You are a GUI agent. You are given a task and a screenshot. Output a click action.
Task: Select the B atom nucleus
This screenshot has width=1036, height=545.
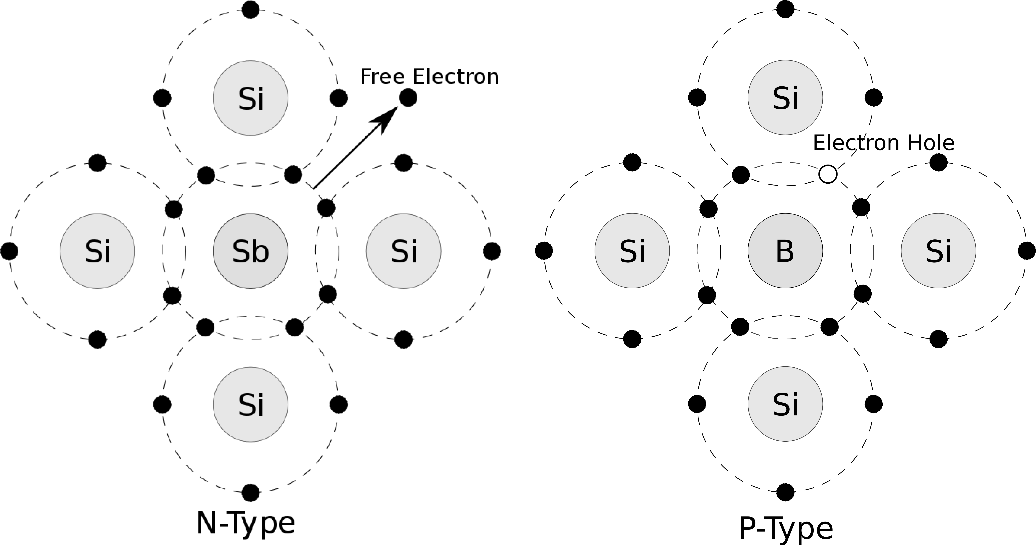pyautogui.click(x=785, y=251)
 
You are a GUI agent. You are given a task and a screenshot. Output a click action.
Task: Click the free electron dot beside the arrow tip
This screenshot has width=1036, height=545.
pyautogui.click(x=408, y=98)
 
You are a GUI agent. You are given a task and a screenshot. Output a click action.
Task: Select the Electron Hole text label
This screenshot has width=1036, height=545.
pyautogui.click(x=884, y=143)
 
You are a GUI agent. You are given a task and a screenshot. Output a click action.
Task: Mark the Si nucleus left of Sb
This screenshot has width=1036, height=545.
pyautogui.click(x=97, y=251)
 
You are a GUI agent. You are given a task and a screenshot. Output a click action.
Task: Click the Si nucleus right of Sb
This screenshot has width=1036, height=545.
pyautogui.click(x=403, y=251)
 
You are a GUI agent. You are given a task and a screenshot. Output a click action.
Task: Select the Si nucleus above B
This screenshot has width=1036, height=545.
pyautogui.click(x=785, y=97)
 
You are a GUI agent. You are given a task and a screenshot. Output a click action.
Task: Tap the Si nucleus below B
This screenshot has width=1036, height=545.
pyautogui.click(x=785, y=404)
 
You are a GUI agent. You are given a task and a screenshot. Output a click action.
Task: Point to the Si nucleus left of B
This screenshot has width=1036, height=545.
pyautogui.click(x=632, y=251)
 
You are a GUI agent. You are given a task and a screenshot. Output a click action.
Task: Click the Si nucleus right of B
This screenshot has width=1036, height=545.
pyautogui.click(x=938, y=251)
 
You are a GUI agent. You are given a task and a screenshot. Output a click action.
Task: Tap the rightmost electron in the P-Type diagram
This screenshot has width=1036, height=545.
pyautogui.click(x=1027, y=251)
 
